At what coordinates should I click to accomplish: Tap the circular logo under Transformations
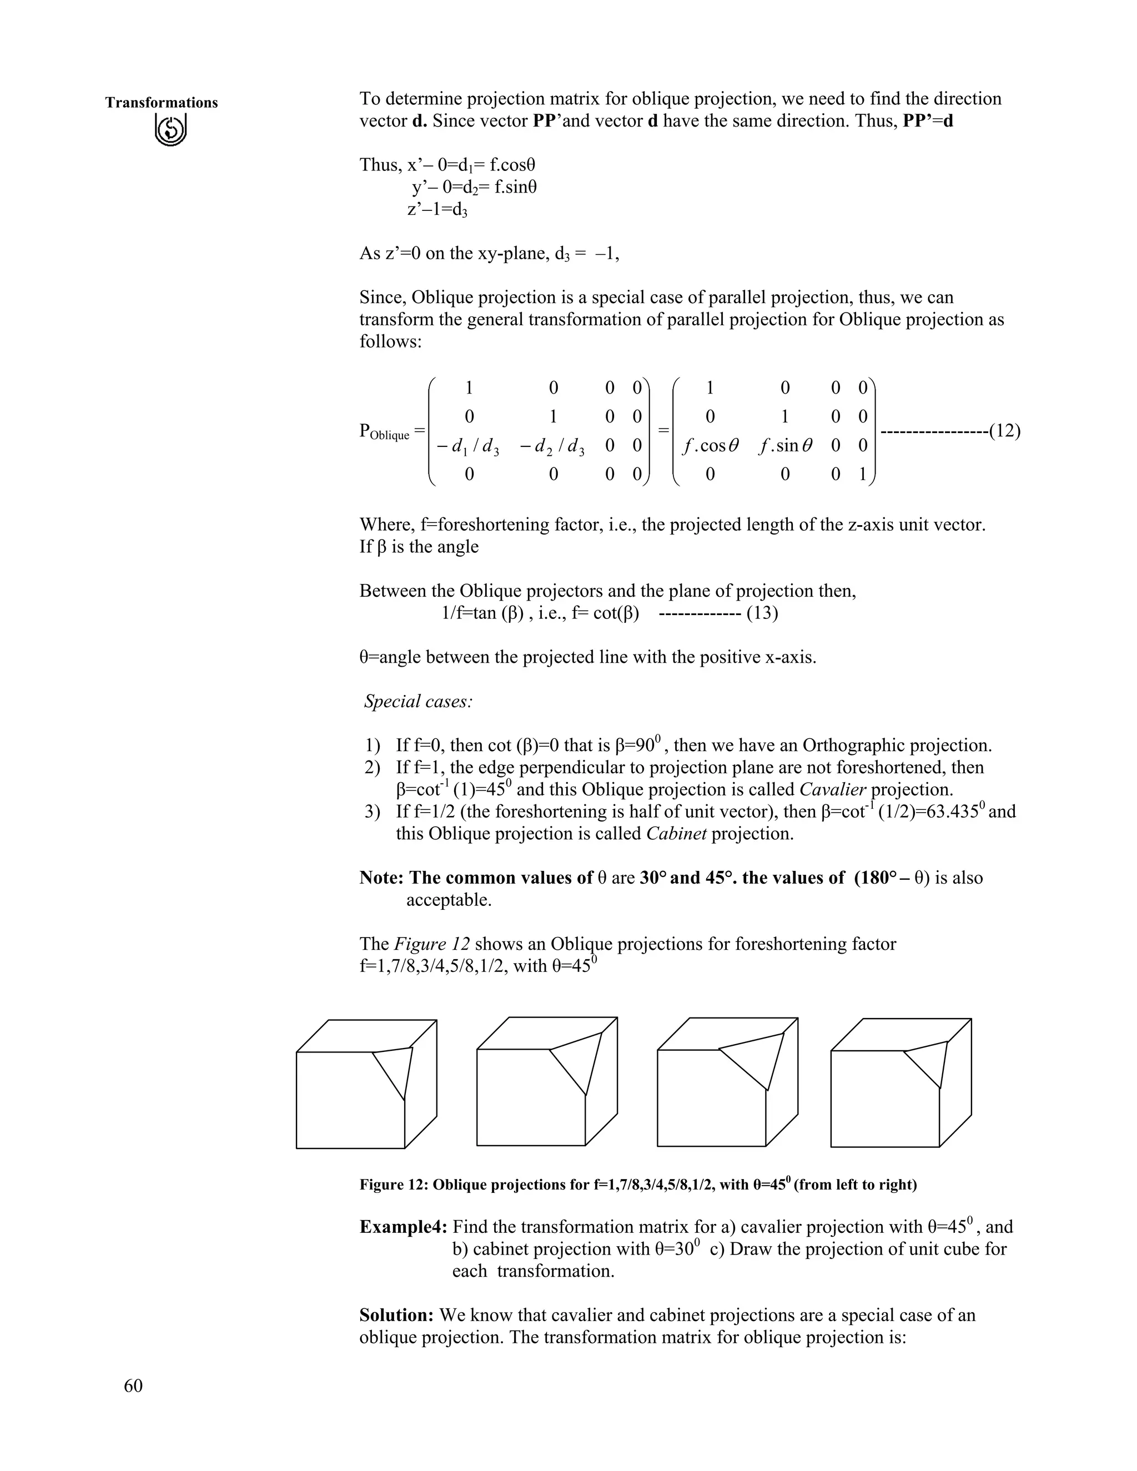[170, 130]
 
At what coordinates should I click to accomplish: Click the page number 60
[133, 1386]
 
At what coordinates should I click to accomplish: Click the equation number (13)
[762, 613]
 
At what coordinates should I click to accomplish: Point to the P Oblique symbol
[385, 432]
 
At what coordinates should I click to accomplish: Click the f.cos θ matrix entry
[710, 445]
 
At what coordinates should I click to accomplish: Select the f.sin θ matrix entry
[784, 445]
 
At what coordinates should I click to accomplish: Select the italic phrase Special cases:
[418, 702]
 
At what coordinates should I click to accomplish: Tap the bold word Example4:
[404, 1227]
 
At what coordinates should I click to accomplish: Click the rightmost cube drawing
[900, 1082]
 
